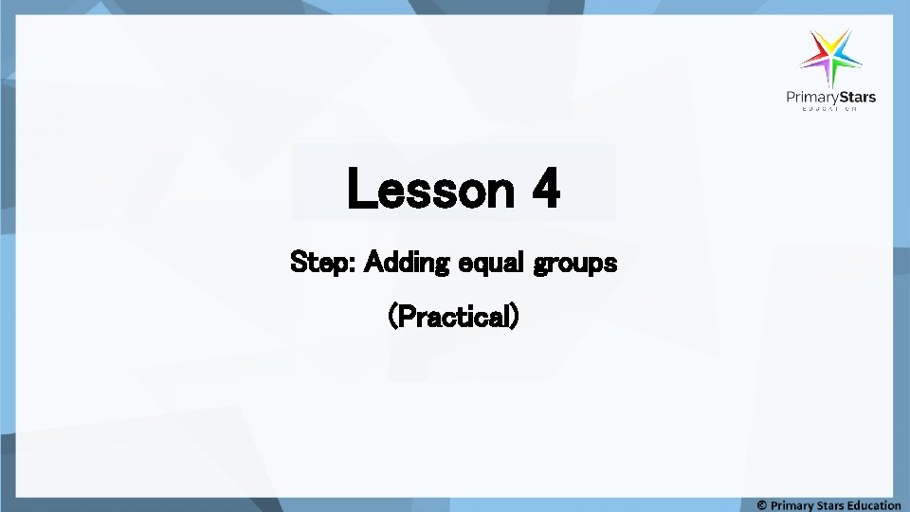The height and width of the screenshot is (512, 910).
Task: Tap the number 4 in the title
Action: pyautogui.click(x=545, y=189)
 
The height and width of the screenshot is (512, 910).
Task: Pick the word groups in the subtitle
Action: pyautogui.click(x=575, y=263)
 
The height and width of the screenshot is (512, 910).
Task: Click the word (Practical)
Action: pyautogui.click(x=454, y=316)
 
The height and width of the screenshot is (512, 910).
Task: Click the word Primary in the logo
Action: pyautogui.click(x=812, y=97)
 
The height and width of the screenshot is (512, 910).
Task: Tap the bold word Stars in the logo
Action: pyautogui.click(x=858, y=97)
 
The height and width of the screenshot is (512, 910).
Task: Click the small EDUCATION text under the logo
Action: pyautogui.click(x=830, y=110)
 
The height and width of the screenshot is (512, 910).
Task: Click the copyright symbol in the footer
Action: pyautogui.click(x=762, y=504)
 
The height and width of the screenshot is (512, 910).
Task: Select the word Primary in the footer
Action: pyautogui.click(x=792, y=504)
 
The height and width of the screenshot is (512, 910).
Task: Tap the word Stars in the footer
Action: pyautogui.click(x=833, y=504)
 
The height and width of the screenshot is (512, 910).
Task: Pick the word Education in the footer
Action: pyautogui.click(x=876, y=504)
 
